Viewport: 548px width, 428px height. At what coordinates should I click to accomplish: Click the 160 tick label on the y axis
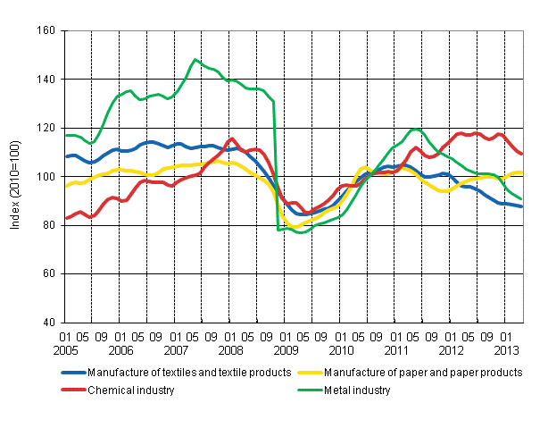47,30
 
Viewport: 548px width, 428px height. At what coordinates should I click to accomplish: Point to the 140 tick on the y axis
47,80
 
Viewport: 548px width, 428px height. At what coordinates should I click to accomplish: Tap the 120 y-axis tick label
47,128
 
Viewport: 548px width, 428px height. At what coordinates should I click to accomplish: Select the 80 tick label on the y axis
50,225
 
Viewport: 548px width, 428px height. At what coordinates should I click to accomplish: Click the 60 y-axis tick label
50,273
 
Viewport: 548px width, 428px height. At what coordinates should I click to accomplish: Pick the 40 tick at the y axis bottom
50,322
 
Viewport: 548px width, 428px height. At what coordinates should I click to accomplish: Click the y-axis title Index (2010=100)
16,176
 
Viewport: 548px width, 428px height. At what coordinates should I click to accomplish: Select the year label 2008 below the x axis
229,350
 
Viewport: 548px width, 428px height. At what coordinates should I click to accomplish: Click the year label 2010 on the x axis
339,350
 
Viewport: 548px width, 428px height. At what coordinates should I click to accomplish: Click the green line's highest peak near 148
195,60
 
